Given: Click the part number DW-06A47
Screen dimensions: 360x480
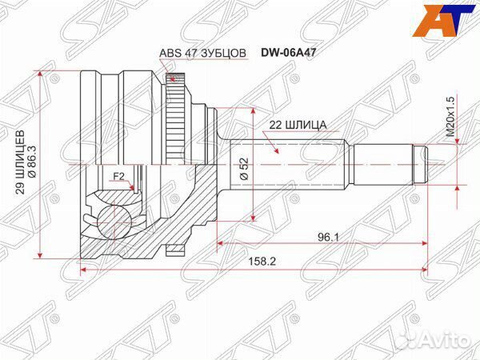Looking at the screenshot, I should [x=287, y=54].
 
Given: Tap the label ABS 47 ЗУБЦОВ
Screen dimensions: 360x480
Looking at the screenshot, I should [x=203, y=54].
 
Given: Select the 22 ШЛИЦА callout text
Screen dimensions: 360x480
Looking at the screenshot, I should [x=291, y=125].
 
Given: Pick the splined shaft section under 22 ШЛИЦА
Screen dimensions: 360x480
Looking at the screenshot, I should [x=288, y=163].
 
